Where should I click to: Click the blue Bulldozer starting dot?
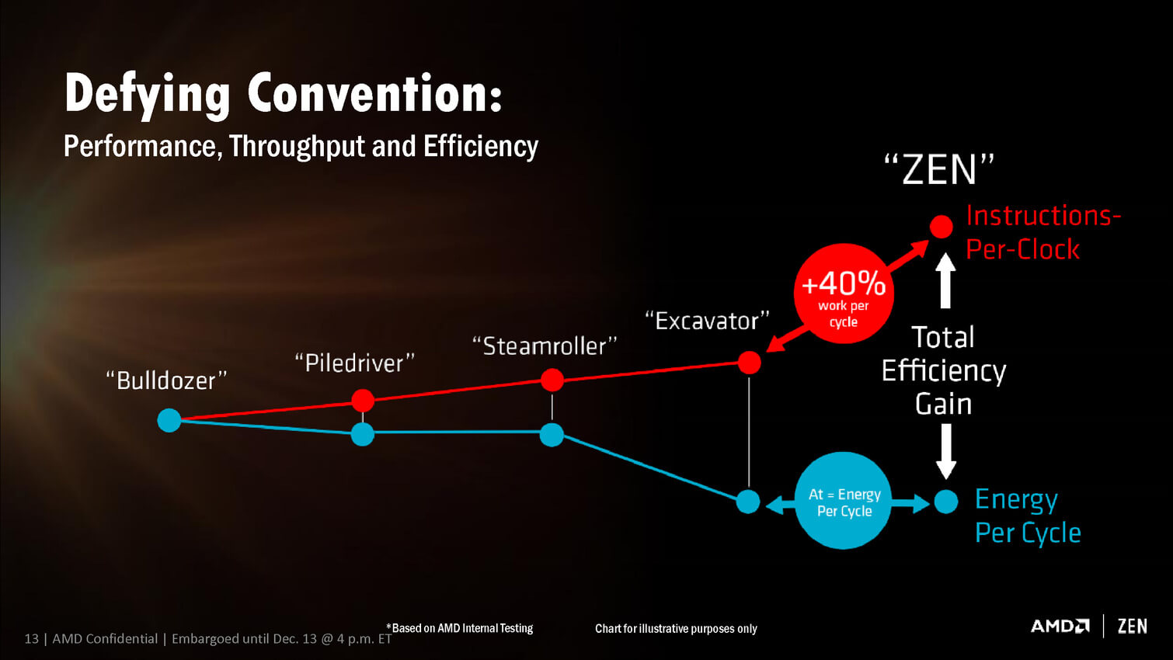tap(169, 420)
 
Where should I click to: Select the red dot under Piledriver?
tap(363, 401)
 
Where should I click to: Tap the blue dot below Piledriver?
tap(362, 434)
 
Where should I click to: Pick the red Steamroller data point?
tap(552, 380)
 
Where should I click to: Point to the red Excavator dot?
tap(750, 362)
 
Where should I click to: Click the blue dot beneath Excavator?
tap(748, 502)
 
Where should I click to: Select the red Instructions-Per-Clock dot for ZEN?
tap(942, 227)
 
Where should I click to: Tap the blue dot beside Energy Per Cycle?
tap(946, 502)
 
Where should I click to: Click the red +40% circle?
tap(844, 294)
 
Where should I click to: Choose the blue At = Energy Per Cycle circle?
tap(844, 500)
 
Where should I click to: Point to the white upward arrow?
tap(945, 280)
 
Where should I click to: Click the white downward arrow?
tap(945, 451)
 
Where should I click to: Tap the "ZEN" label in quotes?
tap(939, 169)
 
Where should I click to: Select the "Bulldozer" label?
tap(166, 380)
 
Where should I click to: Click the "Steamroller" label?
tap(545, 346)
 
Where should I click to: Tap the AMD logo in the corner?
tap(1060, 626)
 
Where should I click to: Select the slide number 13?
tap(31, 639)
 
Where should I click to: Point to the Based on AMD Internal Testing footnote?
tap(459, 628)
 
